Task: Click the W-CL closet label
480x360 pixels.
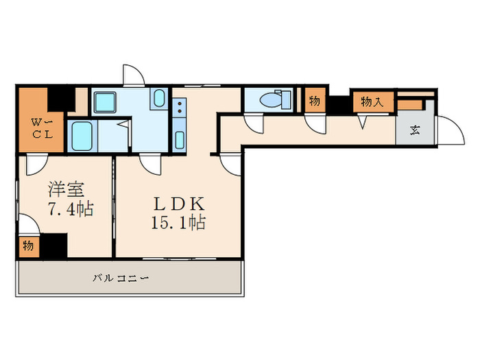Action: click(x=34, y=128)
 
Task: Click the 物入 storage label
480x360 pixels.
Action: click(x=372, y=103)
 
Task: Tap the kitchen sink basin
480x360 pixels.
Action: click(x=179, y=138)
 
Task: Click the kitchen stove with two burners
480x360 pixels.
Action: click(x=180, y=106)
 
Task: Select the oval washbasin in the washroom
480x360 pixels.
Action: click(x=159, y=99)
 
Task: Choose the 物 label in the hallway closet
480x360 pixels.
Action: click(x=314, y=101)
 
